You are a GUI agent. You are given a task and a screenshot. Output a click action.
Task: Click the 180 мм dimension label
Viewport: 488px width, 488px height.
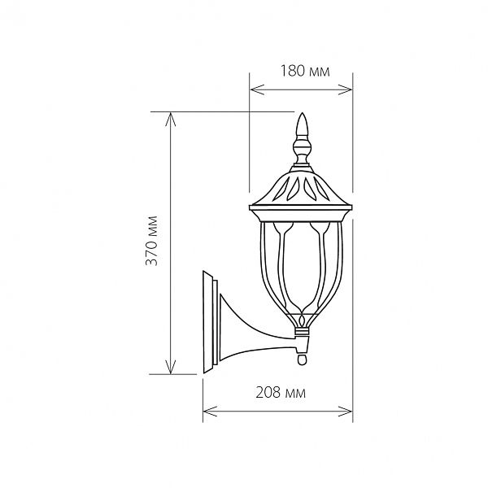[x=305, y=72]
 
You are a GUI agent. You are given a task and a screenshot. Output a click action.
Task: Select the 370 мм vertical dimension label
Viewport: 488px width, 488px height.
[x=152, y=240]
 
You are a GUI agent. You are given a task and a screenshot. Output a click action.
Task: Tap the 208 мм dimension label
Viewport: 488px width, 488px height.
[x=281, y=393]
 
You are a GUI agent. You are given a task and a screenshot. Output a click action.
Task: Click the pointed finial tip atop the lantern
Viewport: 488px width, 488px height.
[x=302, y=113]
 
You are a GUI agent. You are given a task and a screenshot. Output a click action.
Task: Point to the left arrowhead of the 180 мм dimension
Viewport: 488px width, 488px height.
[x=257, y=89]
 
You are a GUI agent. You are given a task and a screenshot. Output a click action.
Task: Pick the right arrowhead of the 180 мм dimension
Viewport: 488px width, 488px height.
[x=345, y=89]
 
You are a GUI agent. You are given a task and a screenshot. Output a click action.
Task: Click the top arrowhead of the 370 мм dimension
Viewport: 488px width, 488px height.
[x=170, y=119]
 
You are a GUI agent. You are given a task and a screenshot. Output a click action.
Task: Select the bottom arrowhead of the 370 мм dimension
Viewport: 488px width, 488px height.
[x=170, y=367]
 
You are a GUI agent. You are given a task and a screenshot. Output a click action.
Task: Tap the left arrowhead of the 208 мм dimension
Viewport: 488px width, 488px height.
[x=210, y=412]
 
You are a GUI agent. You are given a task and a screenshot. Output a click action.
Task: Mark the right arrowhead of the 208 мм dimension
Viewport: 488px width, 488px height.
[x=345, y=412]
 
